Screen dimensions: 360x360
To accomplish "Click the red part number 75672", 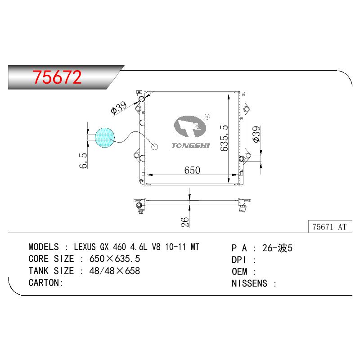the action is tap(57, 77).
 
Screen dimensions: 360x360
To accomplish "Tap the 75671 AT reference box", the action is tap(330, 227).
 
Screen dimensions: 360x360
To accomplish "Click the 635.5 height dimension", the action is tap(224, 138).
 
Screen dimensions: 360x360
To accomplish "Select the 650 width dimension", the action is tap(192, 170).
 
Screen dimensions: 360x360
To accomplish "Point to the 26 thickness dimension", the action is tap(185, 222).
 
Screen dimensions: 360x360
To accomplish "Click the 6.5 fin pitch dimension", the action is tap(83, 161).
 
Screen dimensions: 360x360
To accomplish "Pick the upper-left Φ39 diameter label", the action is tap(119, 108).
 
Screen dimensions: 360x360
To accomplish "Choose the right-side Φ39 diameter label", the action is tap(256, 134).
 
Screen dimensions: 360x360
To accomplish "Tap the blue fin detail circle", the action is tap(105, 138).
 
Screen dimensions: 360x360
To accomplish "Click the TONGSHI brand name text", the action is tap(190, 145).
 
